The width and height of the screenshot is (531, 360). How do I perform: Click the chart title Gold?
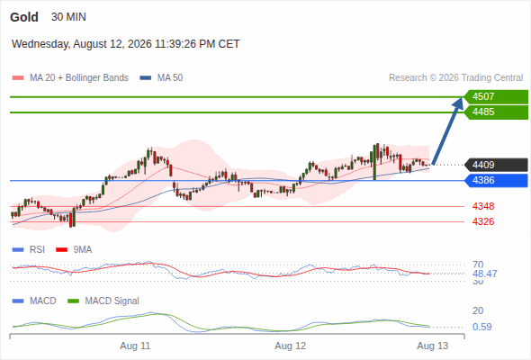point(24,17)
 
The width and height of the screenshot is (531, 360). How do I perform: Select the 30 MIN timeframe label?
point(68,17)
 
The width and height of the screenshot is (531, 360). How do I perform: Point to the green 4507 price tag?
point(496,97)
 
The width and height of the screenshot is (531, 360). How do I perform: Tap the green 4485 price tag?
point(496,112)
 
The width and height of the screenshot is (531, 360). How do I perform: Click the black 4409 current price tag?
point(496,165)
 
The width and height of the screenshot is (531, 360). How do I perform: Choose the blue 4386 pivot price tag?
point(496,180)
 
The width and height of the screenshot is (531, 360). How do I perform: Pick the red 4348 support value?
point(483,206)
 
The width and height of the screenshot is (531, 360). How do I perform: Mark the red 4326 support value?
point(483,221)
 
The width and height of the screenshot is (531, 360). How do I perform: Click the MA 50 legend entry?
point(161,78)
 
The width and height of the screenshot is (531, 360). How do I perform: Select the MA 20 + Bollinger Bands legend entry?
point(70,78)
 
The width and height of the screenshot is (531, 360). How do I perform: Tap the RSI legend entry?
point(29,249)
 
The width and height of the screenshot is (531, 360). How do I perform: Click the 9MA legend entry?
point(74,249)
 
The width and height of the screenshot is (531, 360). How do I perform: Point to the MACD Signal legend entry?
point(103,301)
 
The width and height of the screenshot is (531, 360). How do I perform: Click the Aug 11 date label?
point(135,346)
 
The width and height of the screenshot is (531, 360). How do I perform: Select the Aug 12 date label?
point(290,346)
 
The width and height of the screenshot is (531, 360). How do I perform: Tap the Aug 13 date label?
point(433,346)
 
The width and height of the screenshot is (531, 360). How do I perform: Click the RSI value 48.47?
point(485,274)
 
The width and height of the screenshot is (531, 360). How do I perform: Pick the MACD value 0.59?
point(482,327)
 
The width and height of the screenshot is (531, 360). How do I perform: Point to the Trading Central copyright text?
point(455,78)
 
